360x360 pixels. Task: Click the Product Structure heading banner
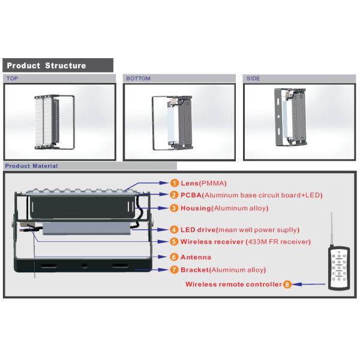(x=58, y=65)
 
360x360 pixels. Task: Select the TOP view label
(x=12, y=79)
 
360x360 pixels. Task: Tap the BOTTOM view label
(x=138, y=79)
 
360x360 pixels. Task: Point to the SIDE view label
(x=253, y=79)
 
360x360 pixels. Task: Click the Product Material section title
(x=31, y=166)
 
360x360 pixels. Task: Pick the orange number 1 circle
(x=174, y=183)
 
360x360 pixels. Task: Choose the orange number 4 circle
(x=174, y=230)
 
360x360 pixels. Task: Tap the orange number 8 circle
(x=287, y=284)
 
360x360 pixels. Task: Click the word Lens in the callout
(x=190, y=183)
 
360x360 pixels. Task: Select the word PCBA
(x=191, y=195)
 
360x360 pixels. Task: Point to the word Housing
(x=196, y=208)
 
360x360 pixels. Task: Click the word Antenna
(x=196, y=257)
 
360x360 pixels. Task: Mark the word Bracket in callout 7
(x=194, y=270)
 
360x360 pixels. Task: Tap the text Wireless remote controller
(x=233, y=284)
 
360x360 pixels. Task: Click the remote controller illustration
(x=339, y=268)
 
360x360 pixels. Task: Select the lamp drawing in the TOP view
(x=55, y=122)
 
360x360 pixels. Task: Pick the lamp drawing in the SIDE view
(x=290, y=117)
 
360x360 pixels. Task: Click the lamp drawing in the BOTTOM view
(x=172, y=123)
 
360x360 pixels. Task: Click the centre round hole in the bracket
(x=85, y=266)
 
